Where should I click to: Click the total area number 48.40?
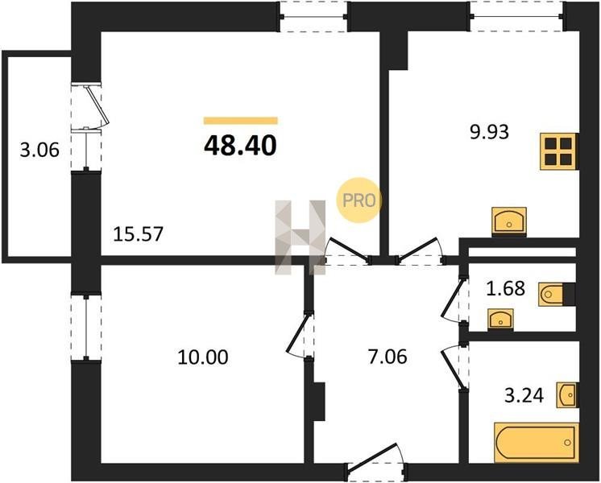point(240,146)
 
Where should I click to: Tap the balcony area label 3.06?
point(39,150)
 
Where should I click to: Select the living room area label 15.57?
point(139,234)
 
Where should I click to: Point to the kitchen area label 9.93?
point(490,132)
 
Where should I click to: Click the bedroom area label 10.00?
point(203,357)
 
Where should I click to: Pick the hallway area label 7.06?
point(388,357)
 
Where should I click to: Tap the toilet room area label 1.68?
point(505,288)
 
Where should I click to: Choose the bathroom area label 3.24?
point(524,396)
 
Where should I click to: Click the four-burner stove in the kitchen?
point(558,151)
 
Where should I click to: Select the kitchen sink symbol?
point(509,221)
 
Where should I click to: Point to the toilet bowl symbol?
point(551,294)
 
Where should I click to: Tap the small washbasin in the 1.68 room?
point(500,320)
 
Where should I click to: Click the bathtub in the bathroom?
point(537,443)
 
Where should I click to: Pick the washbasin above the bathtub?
point(567,394)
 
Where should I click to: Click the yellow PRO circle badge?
point(359,200)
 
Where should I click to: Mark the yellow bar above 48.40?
point(240,121)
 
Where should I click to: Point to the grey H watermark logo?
point(300,237)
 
